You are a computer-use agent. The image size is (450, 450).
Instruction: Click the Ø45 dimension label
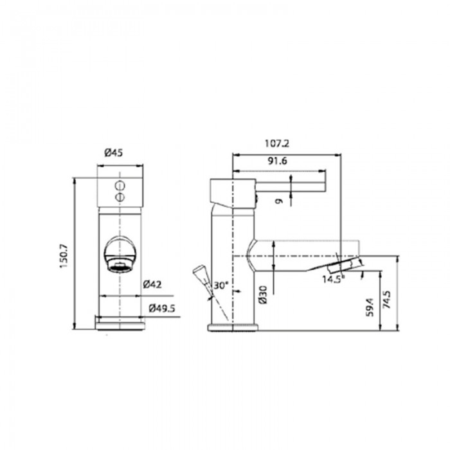click(x=113, y=153)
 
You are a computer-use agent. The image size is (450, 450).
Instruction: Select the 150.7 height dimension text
click(x=63, y=256)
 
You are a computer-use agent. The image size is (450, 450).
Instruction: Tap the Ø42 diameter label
click(x=152, y=285)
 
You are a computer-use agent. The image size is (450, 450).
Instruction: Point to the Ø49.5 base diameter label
click(x=162, y=309)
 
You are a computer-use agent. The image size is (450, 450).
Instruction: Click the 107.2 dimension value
click(x=277, y=143)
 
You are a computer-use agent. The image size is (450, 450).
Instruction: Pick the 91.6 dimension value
click(x=278, y=161)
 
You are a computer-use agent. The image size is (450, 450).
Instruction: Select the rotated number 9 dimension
click(x=278, y=201)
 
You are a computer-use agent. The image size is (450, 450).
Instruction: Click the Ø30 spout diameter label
click(x=263, y=294)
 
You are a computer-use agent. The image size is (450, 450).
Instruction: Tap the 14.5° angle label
click(x=334, y=279)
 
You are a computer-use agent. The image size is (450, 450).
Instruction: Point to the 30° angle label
click(x=221, y=285)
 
